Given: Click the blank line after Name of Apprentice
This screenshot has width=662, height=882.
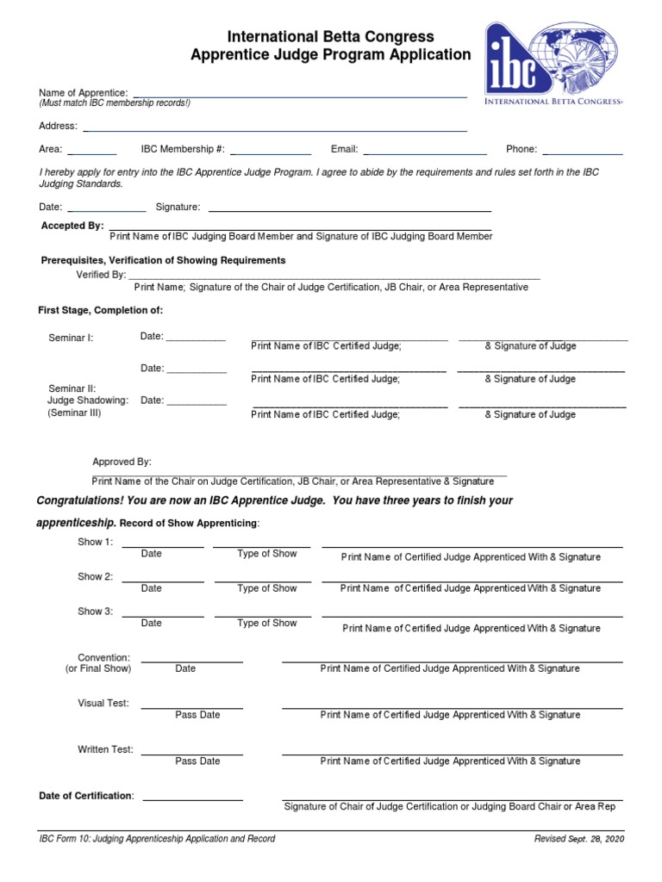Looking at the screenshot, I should pyautogui.click(x=299, y=95).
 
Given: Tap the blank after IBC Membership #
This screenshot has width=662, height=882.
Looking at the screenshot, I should pyautogui.click(x=271, y=152).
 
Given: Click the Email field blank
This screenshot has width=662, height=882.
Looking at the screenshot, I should pyautogui.click(x=425, y=152).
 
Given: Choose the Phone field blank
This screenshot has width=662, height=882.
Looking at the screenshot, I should pyautogui.click(x=582, y=152).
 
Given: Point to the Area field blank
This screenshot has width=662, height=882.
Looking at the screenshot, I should pyautogui.click(x=92, y=152).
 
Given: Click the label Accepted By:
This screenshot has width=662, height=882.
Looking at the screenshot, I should pyautogui.click(x=72, y=226).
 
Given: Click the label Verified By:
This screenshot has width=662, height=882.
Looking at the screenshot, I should pyautogui.click(x=101, y=275).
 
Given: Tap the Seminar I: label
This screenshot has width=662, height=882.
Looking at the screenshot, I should pyautogui.click(x=71, y=338).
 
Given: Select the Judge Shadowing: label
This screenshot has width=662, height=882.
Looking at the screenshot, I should pyautogui.click(x=87, y=401).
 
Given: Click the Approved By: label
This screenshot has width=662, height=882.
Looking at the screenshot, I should pyautogui.click(x=122, y=463).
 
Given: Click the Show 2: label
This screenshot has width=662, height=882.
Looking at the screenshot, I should pyautogui.click(x=95, y=577).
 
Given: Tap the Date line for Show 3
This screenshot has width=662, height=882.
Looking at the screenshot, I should pyautogui.click(x=163, y=615).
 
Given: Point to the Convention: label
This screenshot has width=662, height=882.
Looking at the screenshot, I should pyautogui.click(x=103, y=658).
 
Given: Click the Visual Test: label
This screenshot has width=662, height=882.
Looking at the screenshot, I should pyautogui.click(x=103, y=704).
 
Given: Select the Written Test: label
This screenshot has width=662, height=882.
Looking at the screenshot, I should pyautogui.click(x=105, y=750).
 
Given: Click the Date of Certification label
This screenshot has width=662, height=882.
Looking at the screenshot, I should pyautogui.click(x=85, y=796).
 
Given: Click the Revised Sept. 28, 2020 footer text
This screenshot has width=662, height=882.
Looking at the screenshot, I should pyautogui.click(x=578, y=839).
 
